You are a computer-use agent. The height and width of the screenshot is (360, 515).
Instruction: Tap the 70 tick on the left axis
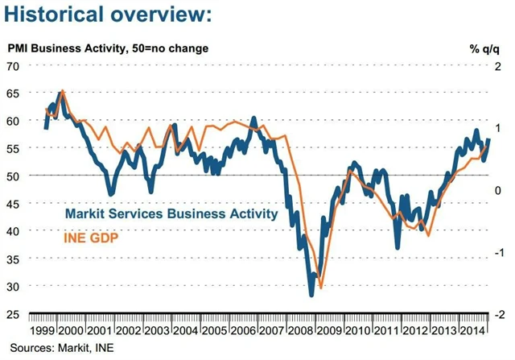[14, 65]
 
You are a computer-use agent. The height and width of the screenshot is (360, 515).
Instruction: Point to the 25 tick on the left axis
[14, 313]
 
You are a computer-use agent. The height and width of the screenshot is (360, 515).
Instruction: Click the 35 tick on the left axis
[14, 259]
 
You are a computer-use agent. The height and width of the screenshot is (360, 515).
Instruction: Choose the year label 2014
[477, 331]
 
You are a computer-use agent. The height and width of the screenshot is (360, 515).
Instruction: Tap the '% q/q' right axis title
[485, 48]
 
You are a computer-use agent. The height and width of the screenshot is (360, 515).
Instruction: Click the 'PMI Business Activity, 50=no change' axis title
[109, 48]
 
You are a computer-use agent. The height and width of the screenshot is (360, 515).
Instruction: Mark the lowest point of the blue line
[311, 295]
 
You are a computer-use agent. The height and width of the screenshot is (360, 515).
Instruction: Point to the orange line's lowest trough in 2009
[321, 288]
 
